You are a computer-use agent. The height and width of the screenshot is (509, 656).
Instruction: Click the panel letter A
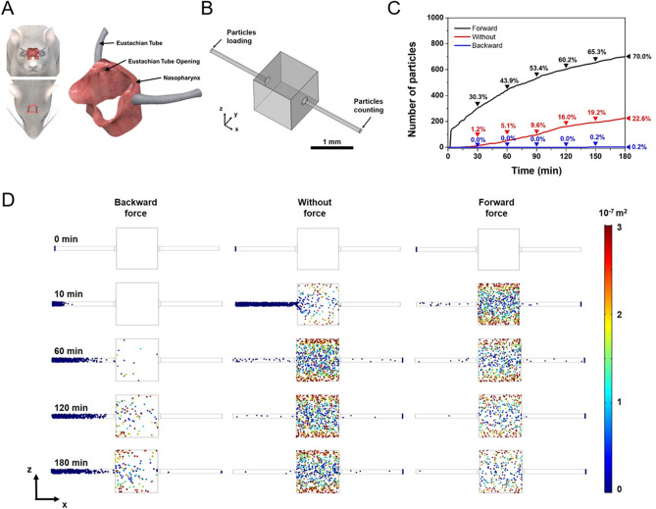[x=8, y=8]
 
